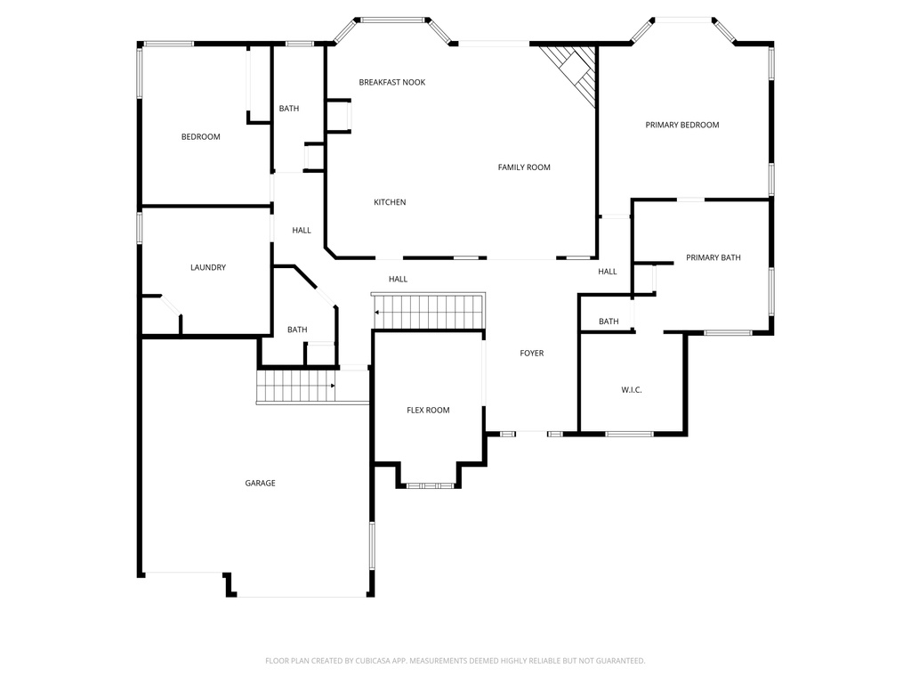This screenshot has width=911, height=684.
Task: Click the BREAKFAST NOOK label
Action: (391, 82)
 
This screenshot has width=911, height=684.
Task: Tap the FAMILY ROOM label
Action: (524, 167)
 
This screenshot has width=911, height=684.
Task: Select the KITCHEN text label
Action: (390, 202)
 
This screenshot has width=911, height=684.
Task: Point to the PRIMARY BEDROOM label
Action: (681, 125)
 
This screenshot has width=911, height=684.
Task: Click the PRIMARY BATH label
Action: (713, 257)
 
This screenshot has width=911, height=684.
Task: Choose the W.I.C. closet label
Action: (631, 390)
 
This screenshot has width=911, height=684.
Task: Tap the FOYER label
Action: (531, 354)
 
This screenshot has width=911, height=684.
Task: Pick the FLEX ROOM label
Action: (428, 411)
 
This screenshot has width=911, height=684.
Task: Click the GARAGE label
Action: (261, 484)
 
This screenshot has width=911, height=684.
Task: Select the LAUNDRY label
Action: (208, 267)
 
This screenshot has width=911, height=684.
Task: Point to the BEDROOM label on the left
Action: (200, 137)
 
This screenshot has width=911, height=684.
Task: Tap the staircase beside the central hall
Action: (429, 312)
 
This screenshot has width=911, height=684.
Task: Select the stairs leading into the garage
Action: (296, 386)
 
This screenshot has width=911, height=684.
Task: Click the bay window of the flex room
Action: (430, 485)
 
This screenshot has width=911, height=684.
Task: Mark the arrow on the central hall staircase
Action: (377, 313)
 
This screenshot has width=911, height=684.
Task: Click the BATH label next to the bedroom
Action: (289, 109)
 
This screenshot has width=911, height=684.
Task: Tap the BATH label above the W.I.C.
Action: (609, 322)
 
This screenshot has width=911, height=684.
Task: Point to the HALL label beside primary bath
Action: (608, 272)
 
